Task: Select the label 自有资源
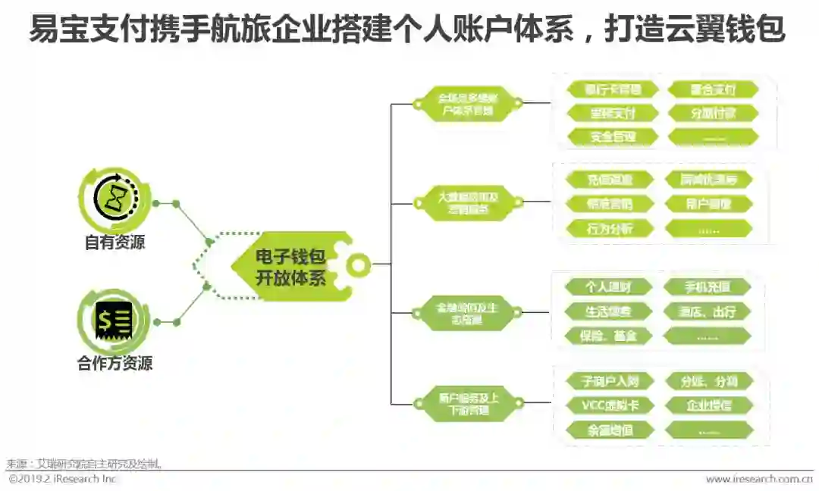click(x=115, y=243)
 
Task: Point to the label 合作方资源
click(x=115, y=364)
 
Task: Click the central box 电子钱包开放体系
click(x=290, y=267)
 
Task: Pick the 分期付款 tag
click(x=713, y=114)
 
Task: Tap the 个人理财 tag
click(x=608, y=287)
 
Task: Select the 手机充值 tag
click(x=708, y=287)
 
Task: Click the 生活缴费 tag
click(x=608, y=311)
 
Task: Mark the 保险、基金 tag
click(x=608, y=336)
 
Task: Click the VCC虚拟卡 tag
click(x=610, y=405)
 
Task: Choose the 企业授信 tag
click(x=709, y=405)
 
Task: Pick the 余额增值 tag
click(x=610, y=430)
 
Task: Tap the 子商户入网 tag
click(x=610, y=381)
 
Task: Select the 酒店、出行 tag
click(x=708, y=311)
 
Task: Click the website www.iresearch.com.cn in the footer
click(x=759, y=479)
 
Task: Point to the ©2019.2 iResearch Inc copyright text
click(x=63, y=479)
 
